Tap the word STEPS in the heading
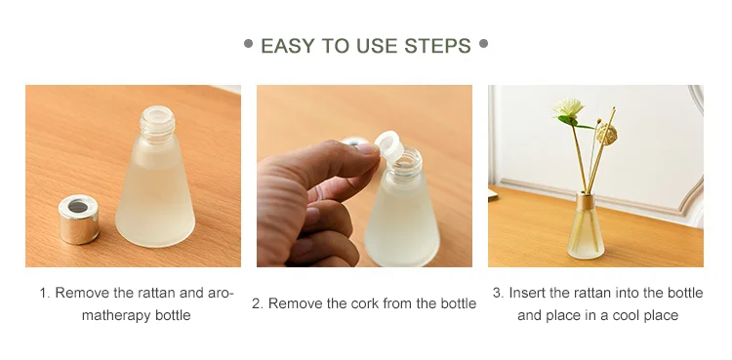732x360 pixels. coord(438,46)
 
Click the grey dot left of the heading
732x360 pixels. coord(248,44)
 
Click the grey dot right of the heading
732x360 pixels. coord(484,44)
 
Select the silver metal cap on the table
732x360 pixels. coord(79,219)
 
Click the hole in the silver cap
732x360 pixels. coord(78,206)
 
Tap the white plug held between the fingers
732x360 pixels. coord(389,144)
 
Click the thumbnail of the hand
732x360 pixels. coord(368,149)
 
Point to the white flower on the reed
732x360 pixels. coord(568,107)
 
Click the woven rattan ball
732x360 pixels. coord(607,134)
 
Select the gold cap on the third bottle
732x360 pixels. coord(586,201)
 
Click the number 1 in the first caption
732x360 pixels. coord(44,293)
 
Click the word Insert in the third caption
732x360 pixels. coord(527,293)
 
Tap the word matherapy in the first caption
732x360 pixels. coord(116,315)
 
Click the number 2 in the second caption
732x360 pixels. coord(257,303)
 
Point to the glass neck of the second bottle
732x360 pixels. coord(404,164)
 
